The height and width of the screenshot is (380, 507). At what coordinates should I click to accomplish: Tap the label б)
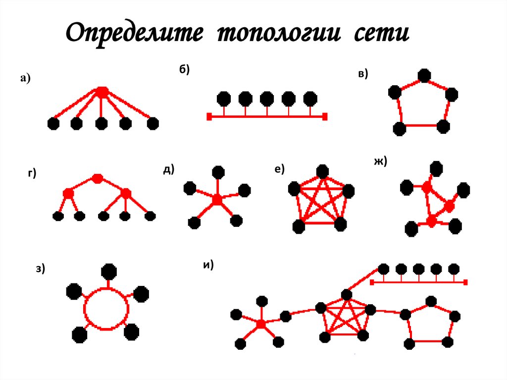[x=184, y=70]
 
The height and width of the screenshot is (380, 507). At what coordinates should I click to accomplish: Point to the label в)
[x=362, y=74]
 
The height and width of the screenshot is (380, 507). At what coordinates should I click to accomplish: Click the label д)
[x=168, y=169]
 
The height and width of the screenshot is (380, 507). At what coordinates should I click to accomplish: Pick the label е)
[x=279, y=170]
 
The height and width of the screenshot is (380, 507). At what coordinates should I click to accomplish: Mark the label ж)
[x=381, y=162]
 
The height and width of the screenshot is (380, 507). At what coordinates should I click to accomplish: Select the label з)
[x=41, y=269]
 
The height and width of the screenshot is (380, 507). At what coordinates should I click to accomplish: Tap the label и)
[x=208, y=265]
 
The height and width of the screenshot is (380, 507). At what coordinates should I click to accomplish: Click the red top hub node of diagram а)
[x=102, y=92]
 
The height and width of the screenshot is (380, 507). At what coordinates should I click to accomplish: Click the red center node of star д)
[x=217, y=200]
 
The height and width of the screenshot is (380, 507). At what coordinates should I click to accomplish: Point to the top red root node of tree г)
[x=98, y=178]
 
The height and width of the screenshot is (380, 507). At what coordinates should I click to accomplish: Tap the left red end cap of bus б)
[x=209, y=117]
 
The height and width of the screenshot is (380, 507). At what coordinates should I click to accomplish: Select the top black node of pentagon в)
[x=423, y=75]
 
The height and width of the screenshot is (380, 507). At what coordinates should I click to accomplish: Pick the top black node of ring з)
[x=109, y=271]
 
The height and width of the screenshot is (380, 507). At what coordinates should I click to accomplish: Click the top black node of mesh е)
[x=323, y=172]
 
